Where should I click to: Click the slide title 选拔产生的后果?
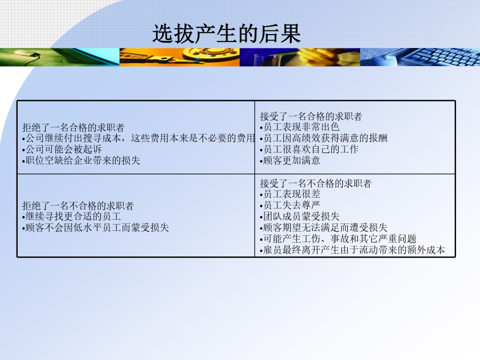click(x=227, y=34)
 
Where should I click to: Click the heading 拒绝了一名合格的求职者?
click(x=73, y=127)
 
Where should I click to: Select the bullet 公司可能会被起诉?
click(x=62, y=149)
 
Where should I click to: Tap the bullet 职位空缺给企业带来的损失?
click(x=81, y=161)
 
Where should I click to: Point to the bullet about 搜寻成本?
click(x=138, y=138)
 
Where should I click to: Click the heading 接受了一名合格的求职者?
click(x=311, y=116)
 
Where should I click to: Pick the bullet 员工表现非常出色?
click(x=300, y=127)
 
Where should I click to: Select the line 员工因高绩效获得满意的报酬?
click(x=324, y=138)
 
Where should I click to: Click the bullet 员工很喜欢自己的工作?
click(x=309, y=149)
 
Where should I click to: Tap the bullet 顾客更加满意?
click(x=290, y=161)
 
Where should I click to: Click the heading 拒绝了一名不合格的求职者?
click(x=78, y=206)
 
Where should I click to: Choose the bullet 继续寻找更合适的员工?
click(x=71, y=217)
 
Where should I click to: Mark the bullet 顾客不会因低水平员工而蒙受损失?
click(x=95, y=228)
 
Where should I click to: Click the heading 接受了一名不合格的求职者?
click(x=316, y=183)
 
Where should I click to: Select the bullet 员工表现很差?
click(x=290, y=194)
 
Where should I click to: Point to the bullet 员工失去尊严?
click(x=290, y=205)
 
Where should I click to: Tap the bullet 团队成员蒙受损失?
click(x=300, y=217)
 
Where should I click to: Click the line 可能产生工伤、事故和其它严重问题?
click(x=338, y=239)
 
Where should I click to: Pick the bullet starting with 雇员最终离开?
click(x=353, y=250)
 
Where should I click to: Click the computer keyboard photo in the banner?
click(x=420, y=57)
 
